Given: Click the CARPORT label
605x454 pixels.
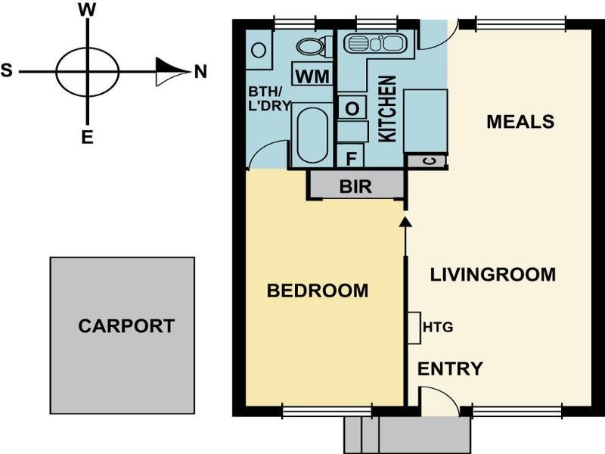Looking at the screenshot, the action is click(126, 326).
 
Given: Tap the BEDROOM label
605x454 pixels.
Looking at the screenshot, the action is click(318, 291).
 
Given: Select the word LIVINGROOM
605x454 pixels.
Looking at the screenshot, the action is click(493, 275).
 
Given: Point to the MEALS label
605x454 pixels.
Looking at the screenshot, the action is click(520, 122).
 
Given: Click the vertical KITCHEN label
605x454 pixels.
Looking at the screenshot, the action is click(387, 108).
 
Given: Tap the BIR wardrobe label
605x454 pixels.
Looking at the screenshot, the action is click(355, 186).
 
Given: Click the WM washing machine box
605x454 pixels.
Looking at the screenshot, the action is click(312, 76).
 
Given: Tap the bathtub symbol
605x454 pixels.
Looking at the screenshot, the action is click(312, 135).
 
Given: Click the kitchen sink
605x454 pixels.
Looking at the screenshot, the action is click(374, 43).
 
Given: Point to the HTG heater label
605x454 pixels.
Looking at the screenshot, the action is click(438, 328).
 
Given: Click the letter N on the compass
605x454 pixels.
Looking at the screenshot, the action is click(200, 72).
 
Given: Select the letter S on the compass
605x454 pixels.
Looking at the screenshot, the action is click(7, 70).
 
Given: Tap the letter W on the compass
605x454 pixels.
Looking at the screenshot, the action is click(87, 10).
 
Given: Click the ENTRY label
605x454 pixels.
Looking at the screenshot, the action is click(450, 368).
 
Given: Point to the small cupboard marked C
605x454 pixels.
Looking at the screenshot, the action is click(427, 160).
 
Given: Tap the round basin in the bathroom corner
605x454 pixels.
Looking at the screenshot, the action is click(259, 50).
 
